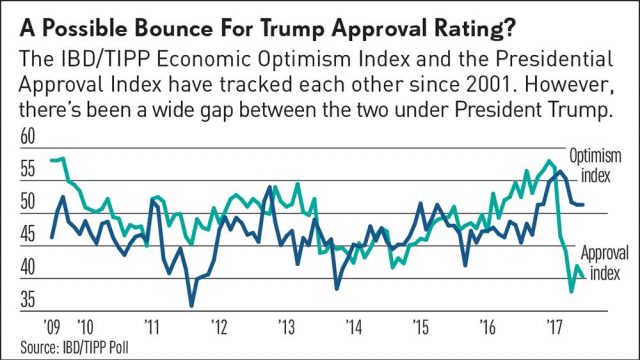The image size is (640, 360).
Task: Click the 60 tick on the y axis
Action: pyautogui.click(x=28, y=137)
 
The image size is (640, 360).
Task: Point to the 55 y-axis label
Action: pyautogui.click(x=28, y=169)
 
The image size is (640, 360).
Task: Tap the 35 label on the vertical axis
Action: pyautogui.click(x=28, y=300)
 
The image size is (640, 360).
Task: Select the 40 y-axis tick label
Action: pyautogui.click(x=28, y=267)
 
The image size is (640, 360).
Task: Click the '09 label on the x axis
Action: pyautogui.click(x=51, y=327)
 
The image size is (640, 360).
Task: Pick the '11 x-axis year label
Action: pyautogui.click(x=152, y=327)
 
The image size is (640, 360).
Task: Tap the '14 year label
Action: pyautogui.click(x=353, y=327)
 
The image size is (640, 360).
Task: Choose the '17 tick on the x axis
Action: pyautogui.click(x=554, y=327)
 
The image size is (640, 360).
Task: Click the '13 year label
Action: pyautogui.click(x=286, y=327)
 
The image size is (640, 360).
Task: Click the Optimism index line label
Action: pyautogui.click(x=596, y=166)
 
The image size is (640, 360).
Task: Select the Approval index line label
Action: pyautogui.click(x=604, y=263)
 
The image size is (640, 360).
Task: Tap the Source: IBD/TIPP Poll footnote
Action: pyautogui.click(x=74, y=348)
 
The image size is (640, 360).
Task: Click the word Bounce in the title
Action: pyautogui.click(x=173, y=29)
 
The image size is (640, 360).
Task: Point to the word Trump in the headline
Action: pyautogui.click(x=293, y=29)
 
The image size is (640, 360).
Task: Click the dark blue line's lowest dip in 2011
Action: pyautogui.click(x=192, y=306)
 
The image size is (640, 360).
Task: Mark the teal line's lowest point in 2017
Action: pyautogui.click(x=571, y=291)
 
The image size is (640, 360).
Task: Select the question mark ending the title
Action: pyautogui.click(x=509, y=29)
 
